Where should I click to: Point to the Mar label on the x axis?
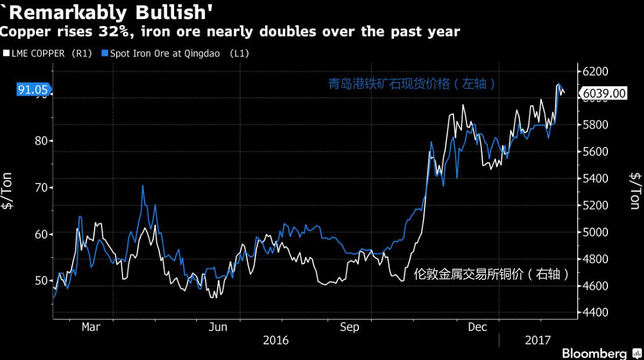point(91,327)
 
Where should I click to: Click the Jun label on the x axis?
point(218,327)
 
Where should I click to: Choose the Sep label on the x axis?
point(350,327)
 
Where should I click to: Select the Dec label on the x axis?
point(477,327)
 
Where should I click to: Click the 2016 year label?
point(276,341)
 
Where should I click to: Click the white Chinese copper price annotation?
point(491,274)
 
